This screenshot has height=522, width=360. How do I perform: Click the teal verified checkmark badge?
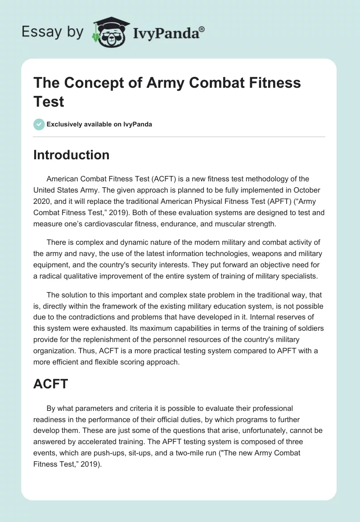coord(39,124)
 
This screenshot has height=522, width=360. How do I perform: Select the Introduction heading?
coord(72,155)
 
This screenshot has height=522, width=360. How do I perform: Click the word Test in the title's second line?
coord(49,101)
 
